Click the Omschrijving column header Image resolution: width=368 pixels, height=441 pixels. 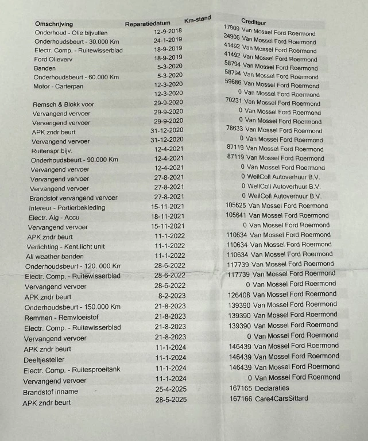(54, 24)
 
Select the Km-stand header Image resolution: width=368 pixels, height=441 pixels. (197, 20)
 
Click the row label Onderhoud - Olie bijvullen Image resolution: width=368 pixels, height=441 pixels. (71, 33)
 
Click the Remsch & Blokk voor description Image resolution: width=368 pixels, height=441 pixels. (63, 105)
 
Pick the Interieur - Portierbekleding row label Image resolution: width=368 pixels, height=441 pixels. (67, 207)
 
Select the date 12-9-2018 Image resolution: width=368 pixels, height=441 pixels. (168, 30)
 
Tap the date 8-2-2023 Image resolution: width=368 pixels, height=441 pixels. (172, 295)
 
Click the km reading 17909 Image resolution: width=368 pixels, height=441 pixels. (231, 28)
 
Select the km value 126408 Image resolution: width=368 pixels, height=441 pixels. (239, 295)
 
